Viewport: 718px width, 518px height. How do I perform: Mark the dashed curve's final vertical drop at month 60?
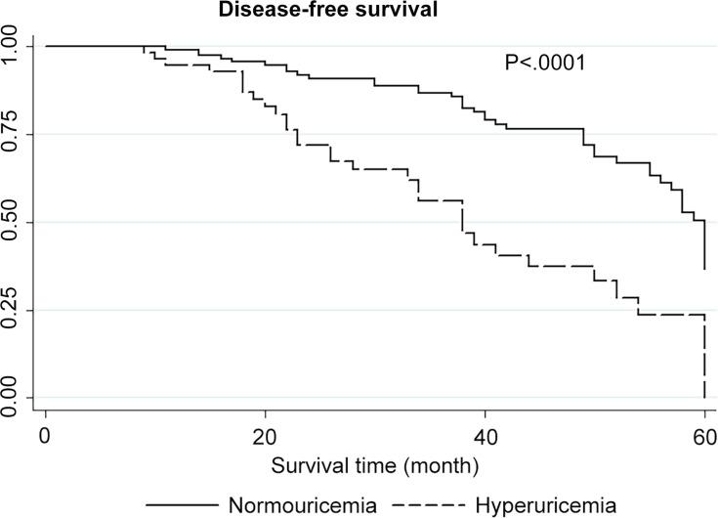[x=703, y=357]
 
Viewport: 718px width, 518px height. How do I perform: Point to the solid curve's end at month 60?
[x=703, y=266]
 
